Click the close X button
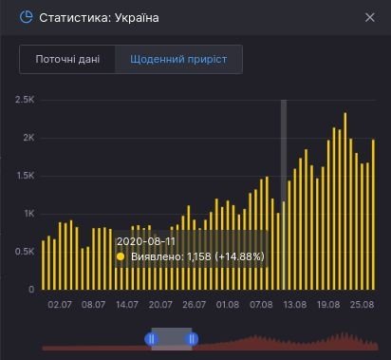tap(370, 17)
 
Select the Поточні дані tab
tap(67, 59)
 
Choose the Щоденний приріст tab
tap(178, 59)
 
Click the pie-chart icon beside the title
tap(26, 17)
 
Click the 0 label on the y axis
tap(31, 289)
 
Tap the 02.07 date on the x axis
tap(60, 305)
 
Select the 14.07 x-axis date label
tap(127, 305)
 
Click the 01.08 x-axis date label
tap(228, 305)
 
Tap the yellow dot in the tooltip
tap(121, 256)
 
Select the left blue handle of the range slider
tap(151, 338)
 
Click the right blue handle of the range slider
tap(192, 338)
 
